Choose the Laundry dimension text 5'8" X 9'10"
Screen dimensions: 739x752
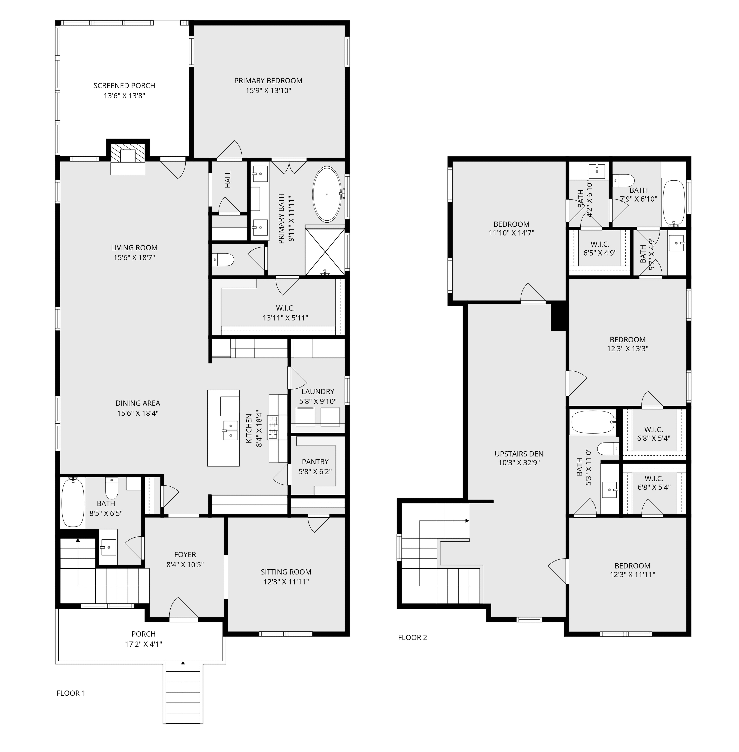click(x=318, y=401)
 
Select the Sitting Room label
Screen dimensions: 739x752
click(x=286, y=572)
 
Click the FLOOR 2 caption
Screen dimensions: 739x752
click(x=413, y=637)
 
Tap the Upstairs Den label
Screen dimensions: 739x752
click(x=519, y=454)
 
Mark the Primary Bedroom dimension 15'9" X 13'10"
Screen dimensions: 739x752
click(x=268, y=91)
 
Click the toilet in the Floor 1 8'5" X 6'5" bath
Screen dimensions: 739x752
click(x=112, y=488)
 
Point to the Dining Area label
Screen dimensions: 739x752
click(x=138, y=403)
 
